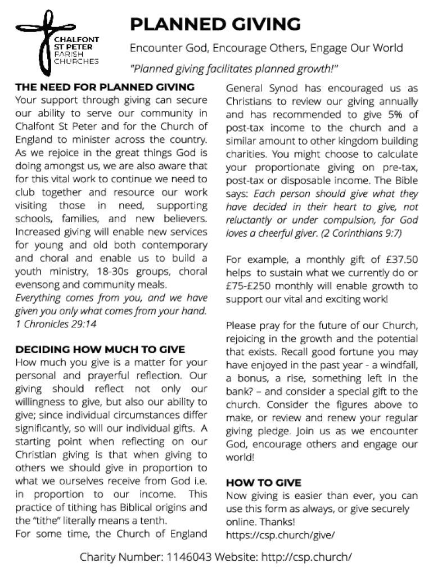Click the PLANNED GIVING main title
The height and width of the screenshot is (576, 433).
point(215,24)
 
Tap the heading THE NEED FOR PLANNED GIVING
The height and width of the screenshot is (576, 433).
point(105,88)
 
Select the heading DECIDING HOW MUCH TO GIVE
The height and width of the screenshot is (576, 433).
point(100,349)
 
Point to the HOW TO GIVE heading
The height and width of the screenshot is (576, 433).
point(263,483)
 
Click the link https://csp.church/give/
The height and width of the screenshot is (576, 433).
point(280,535)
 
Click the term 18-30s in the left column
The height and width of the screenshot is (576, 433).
point(126,271)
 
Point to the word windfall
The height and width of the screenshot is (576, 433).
point(396,365)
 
